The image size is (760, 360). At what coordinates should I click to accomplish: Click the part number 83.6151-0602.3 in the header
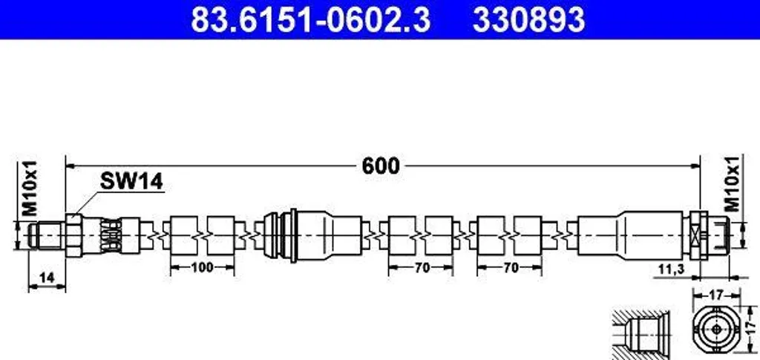(310, 20)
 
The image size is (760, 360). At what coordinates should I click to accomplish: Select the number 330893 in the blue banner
(528, 20)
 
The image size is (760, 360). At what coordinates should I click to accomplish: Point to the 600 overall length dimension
(381, 166)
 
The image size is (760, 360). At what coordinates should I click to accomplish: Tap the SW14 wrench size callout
(131, 182)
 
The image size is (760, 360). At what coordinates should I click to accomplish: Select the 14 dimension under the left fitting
(47, 278)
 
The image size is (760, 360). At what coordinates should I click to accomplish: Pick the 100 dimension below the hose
(202, 267)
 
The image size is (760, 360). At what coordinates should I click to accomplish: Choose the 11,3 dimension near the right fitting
(672, 269)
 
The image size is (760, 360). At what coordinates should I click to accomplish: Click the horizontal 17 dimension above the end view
(716, 294)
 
